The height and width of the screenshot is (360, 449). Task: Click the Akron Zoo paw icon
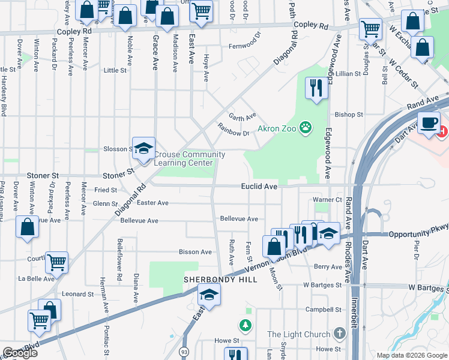point(307,127)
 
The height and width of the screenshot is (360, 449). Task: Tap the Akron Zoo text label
point(277,128)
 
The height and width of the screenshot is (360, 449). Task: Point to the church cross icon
point(340,334)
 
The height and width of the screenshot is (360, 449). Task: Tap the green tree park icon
point(245,326)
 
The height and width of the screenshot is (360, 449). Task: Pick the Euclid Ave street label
point(259,187)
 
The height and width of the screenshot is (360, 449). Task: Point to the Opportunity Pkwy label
point(418,234)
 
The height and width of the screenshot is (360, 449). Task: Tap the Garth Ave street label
point(242,115)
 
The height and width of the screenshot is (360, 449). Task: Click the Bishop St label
point(349,114)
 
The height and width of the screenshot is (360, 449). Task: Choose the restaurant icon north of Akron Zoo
point(315,88)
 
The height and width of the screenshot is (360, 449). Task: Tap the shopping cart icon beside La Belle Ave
point(56,262)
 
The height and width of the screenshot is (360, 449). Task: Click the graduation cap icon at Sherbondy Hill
point(209,294)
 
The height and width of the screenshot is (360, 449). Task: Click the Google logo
point(20,353)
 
